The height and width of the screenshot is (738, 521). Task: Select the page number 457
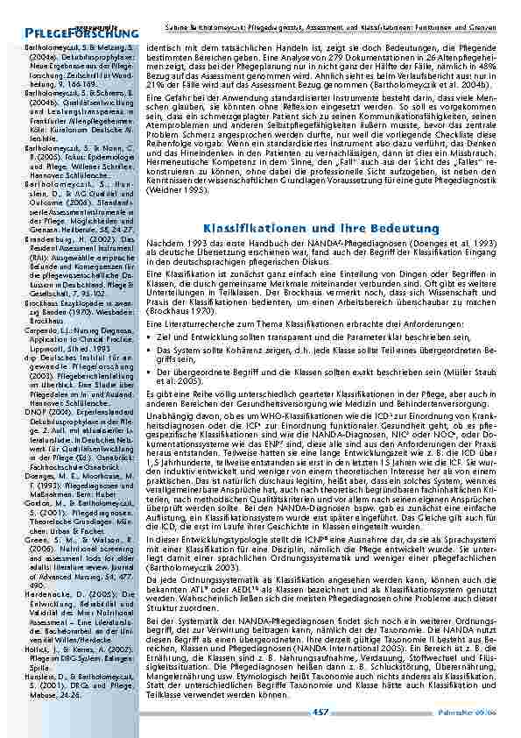(x=320, y=713)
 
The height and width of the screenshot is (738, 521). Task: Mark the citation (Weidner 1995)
(x=176, y=188)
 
